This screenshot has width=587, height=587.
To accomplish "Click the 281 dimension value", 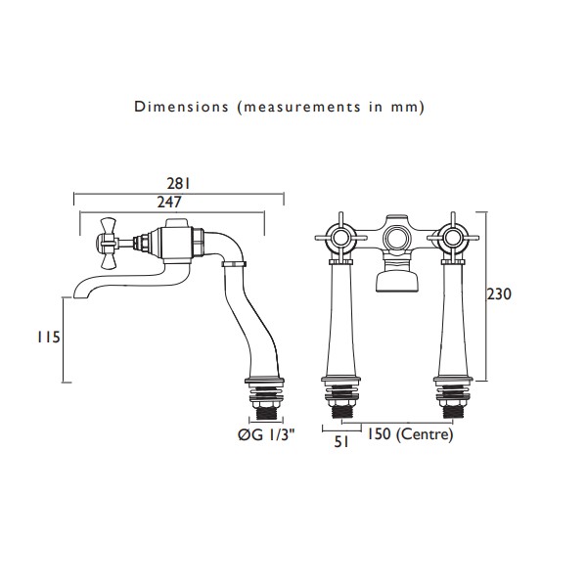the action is pyautogui.click(x=179, y=184).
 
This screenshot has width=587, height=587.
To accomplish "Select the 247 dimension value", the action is pyautogui.click(x=169, y=203).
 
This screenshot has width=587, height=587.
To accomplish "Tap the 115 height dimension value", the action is pyautogui.click(x=48, y=338).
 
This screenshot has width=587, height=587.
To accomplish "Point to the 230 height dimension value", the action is pyautogui.click(x=499, y=294).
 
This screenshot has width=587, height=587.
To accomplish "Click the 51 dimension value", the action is pyautogui.click(x=341, y=442).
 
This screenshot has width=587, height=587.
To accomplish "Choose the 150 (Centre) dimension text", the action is pyautogui.click(x=409, y=434).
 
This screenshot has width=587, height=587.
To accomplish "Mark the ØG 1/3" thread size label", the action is pyautogui.click(x=266, y=434).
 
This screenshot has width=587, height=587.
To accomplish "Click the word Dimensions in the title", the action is pyautogui.click(x=182, y=107).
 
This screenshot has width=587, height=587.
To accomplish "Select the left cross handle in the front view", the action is pyautogui.click(x=340, y=237).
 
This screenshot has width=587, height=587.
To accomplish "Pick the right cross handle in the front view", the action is pyautogui.click(x=453, y=237).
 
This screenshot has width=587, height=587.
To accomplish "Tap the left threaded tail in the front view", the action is pyautogui.click(x=341, y=412).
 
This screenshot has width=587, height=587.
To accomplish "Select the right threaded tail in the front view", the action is pyautogui.click(x=453, y=412).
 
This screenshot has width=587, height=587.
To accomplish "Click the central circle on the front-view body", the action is pyautogui.click(x=396, y=238).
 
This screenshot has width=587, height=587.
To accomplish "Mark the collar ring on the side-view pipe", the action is pyautogui.click(x=235, y=264).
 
